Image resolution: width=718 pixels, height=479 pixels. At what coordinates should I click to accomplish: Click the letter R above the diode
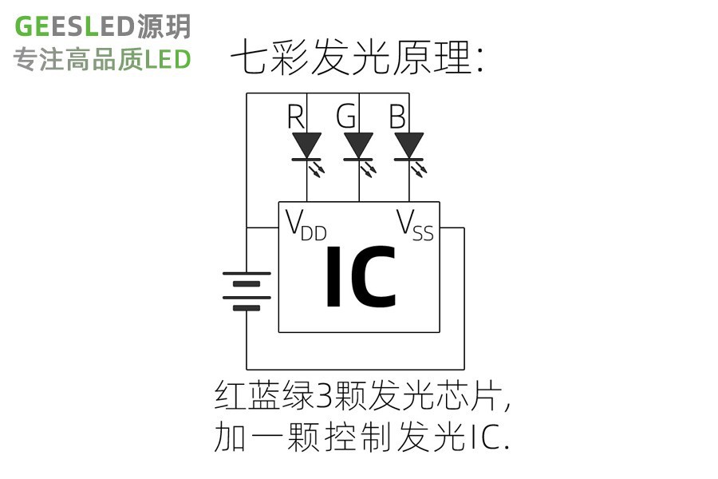[296, 117]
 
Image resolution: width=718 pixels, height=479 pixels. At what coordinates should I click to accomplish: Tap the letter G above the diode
[346, 117]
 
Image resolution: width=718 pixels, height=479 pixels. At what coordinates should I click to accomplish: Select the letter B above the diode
[396, 117]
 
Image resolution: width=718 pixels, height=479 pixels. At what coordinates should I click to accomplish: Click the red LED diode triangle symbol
[307, 144]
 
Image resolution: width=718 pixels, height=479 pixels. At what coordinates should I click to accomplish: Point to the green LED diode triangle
[359, 144]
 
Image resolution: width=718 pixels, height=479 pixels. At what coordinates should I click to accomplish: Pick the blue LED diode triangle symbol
[409, 144]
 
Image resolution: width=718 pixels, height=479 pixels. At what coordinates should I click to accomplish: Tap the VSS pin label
[415, 226]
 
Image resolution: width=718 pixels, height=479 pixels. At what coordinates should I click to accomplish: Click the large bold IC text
[360, 278]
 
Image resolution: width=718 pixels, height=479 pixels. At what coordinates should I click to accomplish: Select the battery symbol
[247, 291]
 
